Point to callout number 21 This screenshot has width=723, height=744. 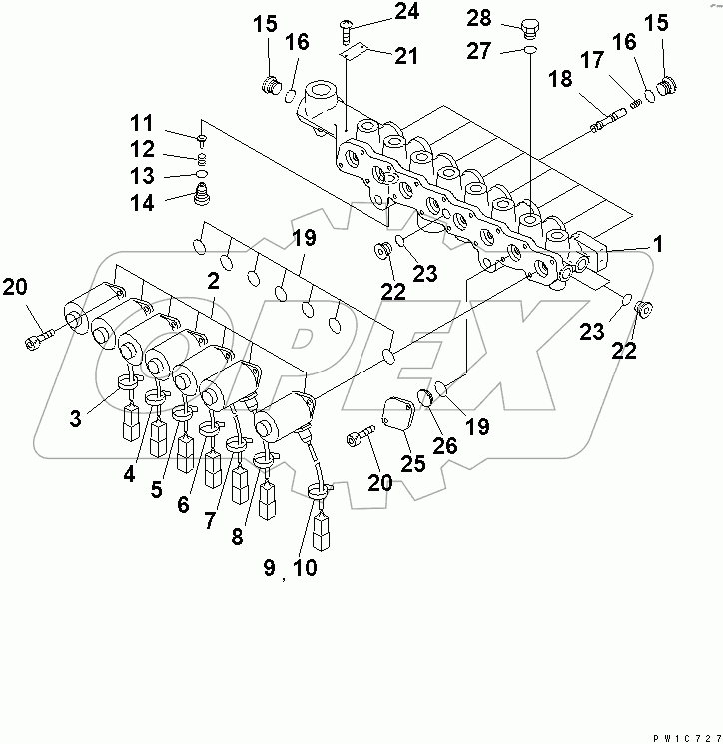click(405, 56)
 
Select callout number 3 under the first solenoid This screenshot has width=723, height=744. click(76, 417)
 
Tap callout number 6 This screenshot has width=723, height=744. click(183, 505)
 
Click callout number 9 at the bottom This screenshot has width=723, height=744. click(269, 569)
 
